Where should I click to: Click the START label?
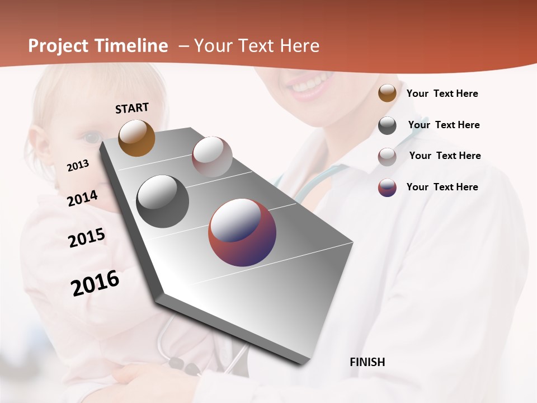(x=132, y=108)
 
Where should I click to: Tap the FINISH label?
(x=368, y=362)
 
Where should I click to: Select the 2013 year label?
(x=78, y=166)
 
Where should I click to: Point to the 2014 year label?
(x=83, y=199)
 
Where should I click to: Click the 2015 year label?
(x=87, y=238)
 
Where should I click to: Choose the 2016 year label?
(x=95, y=283)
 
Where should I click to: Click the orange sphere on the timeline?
(x=136, y=138)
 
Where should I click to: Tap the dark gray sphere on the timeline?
(x=162, y=201)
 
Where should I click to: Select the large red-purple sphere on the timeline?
(x=242, y=232)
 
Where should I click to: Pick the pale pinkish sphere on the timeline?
(x=212, y=156)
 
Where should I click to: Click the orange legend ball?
(x=387, y=93)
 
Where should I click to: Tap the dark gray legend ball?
(x=387, y=125)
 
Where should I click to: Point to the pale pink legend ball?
(x=387, y=156)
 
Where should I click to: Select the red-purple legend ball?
(x=387, y=188)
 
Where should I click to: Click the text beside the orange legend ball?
(x=442, y=93)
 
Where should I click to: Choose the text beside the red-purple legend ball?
(x=442, y=187)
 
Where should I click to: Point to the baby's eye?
(x=93, y=137)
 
